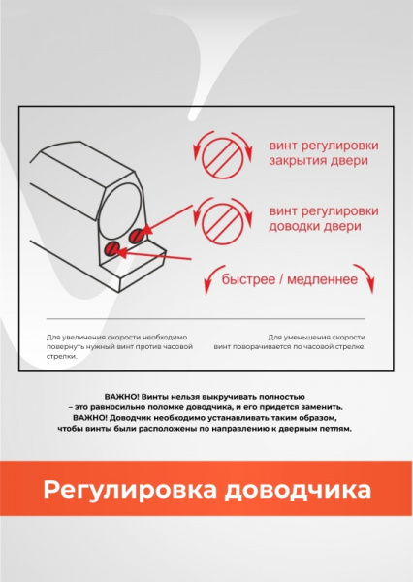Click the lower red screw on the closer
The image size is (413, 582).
click(x=112, y=251)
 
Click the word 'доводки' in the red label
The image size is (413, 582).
click(x=294, y=226)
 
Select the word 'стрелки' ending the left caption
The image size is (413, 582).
click(x=61, y=356)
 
